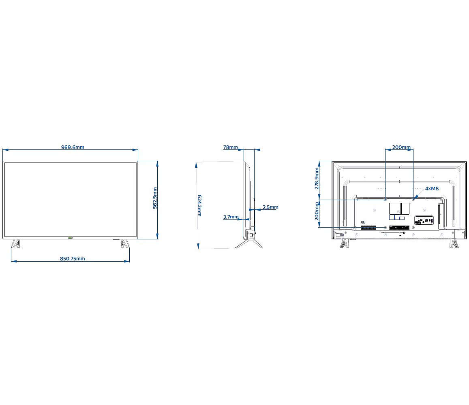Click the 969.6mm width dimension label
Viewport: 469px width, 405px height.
point(73,147)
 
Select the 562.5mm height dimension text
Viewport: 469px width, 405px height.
point(155,198)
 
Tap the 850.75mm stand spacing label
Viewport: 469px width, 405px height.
point(73,258)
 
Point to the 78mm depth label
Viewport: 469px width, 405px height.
point(230,147)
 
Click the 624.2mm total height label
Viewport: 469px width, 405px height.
point(199,206)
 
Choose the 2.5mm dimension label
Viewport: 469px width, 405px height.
point(270,207)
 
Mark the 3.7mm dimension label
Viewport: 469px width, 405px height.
point(231,217)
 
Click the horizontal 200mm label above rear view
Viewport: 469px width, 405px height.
point(401,147)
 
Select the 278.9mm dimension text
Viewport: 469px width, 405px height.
point(317,179)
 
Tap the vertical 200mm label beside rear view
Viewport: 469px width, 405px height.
point(317,211)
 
